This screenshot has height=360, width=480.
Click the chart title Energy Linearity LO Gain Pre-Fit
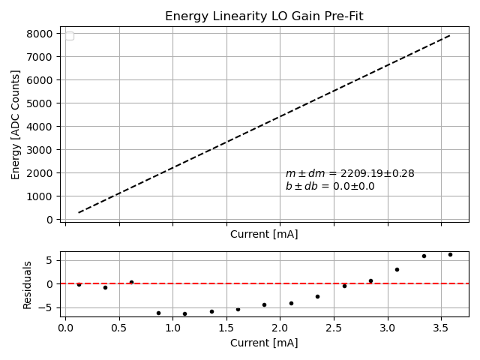[264, 16]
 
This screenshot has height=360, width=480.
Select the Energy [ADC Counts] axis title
[16, 124]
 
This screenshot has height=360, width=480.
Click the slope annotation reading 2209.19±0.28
[349, 173]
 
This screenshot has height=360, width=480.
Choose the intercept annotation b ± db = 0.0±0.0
[330, 186]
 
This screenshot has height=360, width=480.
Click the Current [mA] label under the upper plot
[264, 234]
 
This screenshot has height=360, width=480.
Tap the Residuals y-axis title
[28, 284]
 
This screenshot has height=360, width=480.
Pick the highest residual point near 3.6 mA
[450, 254]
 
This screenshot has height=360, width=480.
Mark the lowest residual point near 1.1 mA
[184, 313]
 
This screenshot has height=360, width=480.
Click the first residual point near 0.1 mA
[79, 285]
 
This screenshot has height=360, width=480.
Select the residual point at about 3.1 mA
[397, 269]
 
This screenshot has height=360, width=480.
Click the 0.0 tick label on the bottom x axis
[66, 328]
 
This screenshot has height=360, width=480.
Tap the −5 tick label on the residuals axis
[48, 307]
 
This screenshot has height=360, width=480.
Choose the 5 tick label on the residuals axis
[51, 260]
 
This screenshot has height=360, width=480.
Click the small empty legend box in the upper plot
[70, 36]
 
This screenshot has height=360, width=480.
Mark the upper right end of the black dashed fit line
[450, 34]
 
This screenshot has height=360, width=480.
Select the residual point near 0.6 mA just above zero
[131, 282]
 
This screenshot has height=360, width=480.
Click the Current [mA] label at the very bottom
[264, 343]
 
